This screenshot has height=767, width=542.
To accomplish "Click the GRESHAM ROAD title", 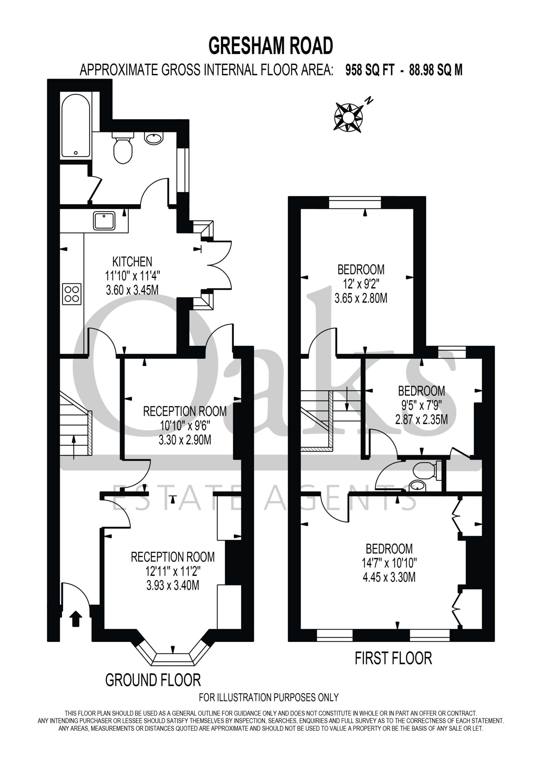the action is [270, 46].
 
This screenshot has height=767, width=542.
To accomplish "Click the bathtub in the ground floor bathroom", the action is [76, 126].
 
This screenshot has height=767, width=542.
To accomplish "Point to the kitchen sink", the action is [104, 221].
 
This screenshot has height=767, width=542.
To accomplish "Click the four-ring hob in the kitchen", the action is [72, 294].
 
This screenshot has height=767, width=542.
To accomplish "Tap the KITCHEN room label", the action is [132, 262].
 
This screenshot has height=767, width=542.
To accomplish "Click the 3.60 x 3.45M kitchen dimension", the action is [132, 290].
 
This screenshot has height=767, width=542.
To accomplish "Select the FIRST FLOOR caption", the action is [393, 658].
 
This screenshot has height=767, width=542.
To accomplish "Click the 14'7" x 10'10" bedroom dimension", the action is [389, 563].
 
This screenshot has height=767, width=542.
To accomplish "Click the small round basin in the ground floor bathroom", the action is [154, 138].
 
